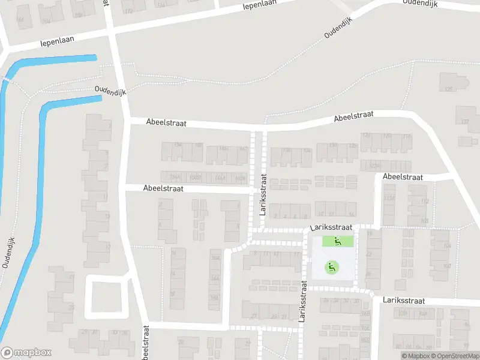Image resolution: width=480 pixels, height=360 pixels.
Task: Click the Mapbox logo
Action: pos(26,352)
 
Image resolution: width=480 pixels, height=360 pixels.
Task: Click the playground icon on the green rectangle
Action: pos(337,241)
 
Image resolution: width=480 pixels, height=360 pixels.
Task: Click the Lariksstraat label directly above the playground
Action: pos(330,229)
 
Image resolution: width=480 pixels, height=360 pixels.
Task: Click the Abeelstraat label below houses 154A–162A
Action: pos(163,188)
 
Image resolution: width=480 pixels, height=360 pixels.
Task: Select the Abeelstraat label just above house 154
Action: pos(166,122)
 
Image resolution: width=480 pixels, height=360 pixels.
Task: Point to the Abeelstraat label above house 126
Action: pos(354,115)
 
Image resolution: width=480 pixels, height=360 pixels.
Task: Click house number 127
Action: pos(464,122)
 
